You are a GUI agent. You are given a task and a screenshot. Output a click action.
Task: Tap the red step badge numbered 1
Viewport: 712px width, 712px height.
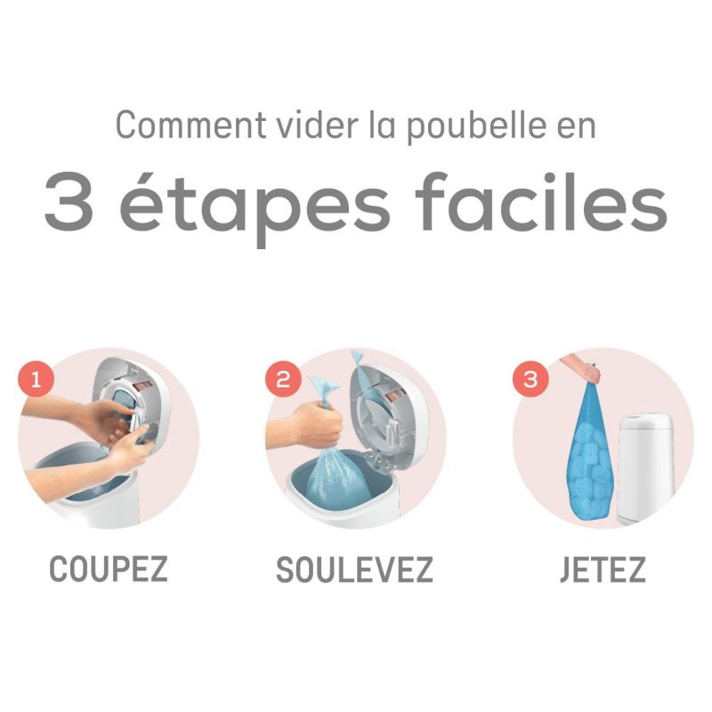[x=36, y=380]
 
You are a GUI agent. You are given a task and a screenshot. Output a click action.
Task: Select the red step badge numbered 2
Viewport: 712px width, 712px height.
[x=284, y=380]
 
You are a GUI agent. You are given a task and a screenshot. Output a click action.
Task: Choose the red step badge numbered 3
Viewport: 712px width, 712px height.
[x=531, y=380]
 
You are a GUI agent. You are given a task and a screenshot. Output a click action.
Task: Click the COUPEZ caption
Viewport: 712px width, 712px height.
[x=108, y=570]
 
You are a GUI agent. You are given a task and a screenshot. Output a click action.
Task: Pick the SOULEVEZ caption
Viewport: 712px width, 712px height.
[x=354, y=570]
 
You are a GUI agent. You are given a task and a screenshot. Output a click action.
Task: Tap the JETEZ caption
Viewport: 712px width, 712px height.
[x=603, y=570]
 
